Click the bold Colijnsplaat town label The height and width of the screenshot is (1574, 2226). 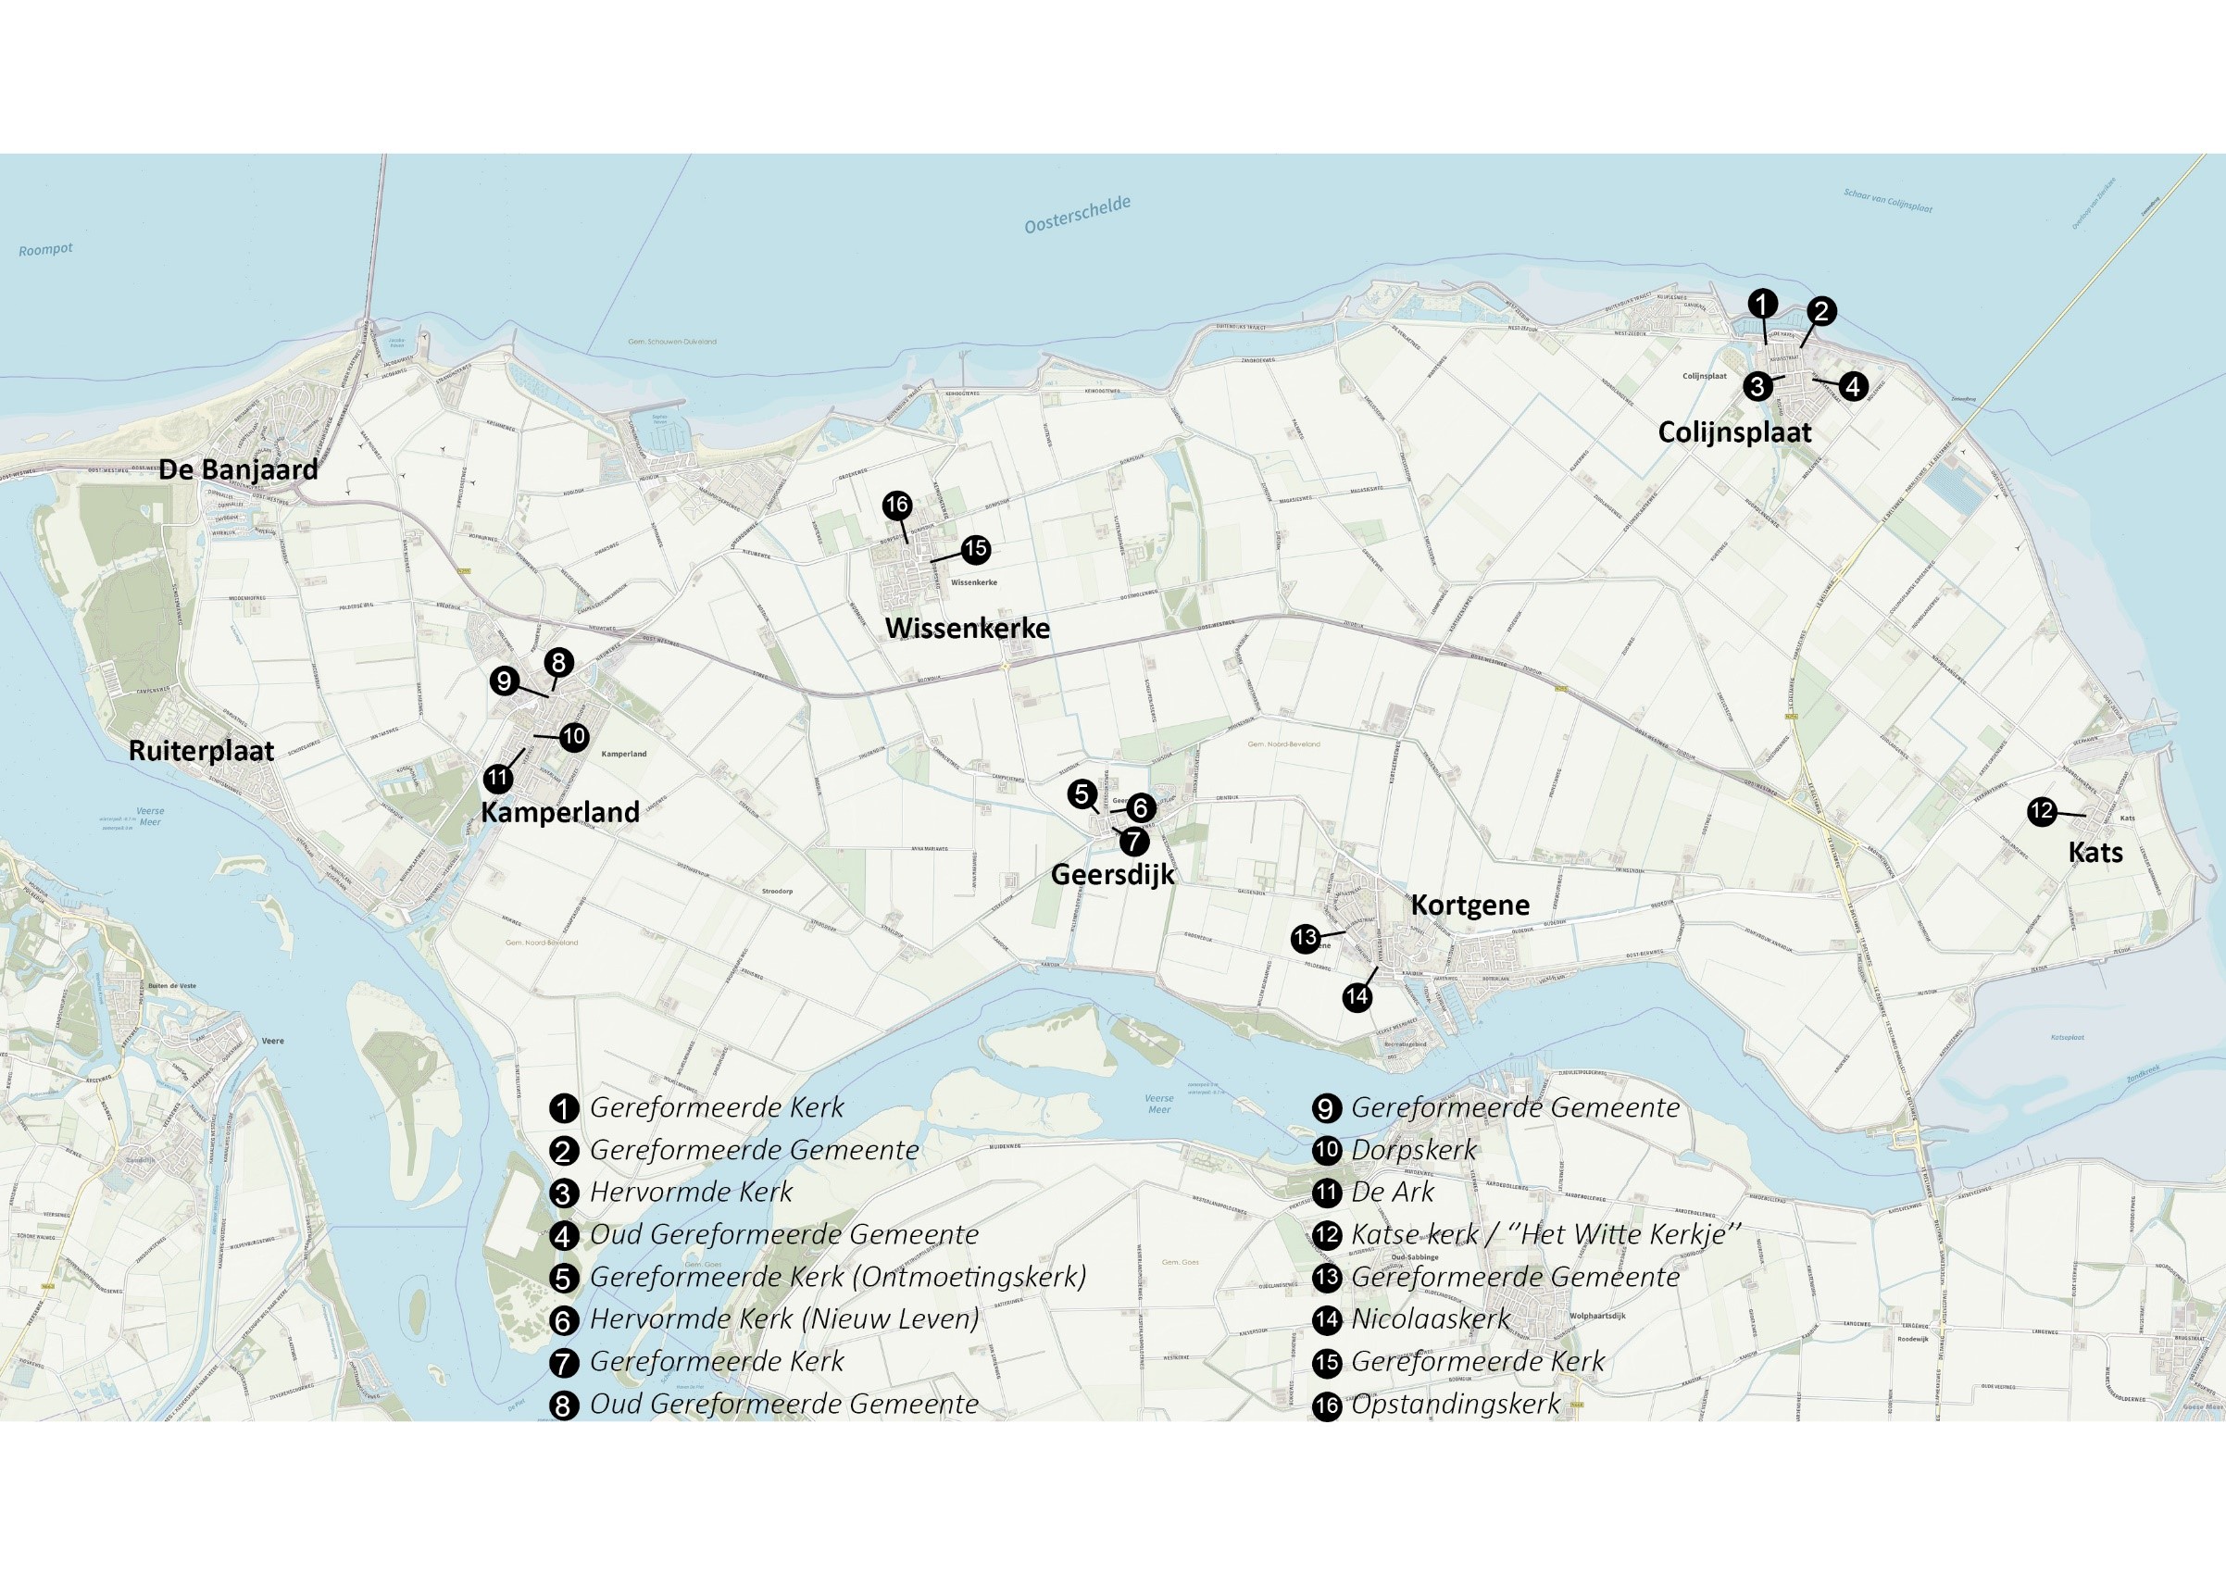tap(1734, 432)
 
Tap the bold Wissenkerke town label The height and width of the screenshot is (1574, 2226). tap(967, 628)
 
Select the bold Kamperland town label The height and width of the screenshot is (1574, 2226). tap(559, 812)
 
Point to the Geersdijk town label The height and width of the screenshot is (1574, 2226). tap(1112, 874)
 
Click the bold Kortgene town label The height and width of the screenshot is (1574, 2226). tap(1469, 905)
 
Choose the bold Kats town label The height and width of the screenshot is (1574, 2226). tap(2095, 853)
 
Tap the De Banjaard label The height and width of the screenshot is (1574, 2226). tap(238, 470)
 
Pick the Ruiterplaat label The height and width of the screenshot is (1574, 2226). tap(202, 751)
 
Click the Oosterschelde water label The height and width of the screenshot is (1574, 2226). tap(1077, 215)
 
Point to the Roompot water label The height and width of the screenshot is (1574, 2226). tap(45, 250)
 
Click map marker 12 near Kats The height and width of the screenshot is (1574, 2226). tap(2042, 811)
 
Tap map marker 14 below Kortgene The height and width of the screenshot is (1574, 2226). tap(1357, 996)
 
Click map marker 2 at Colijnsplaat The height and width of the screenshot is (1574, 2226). tap(1820, 311)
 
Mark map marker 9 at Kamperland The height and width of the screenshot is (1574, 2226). tap(503, 681)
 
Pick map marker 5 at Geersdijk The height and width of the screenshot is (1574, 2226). tap(1082, 794)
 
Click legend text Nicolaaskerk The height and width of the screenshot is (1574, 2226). tap(1430, 1319)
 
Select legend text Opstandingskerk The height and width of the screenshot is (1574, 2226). tap(1456, 1404)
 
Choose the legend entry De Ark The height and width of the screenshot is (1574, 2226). tap(1393, 1193)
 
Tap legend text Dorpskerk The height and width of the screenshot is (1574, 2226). tap(1414, 1151)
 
